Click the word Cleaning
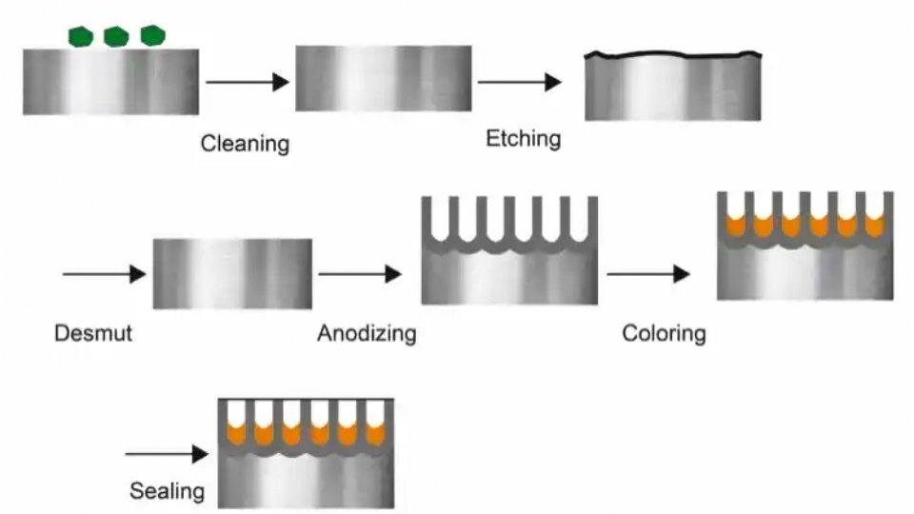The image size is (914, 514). pos(245,145)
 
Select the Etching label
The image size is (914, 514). pos(523,139)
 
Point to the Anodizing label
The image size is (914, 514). pos(367,334)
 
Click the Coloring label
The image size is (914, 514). pos(664,334)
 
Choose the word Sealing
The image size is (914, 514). pos(167,491)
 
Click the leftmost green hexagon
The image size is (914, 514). pos(82,36)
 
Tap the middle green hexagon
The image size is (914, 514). pos(116,36)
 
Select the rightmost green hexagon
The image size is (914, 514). pos(152,35)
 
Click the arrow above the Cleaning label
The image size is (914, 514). pos(247,82)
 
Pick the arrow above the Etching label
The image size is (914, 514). pos(519,82)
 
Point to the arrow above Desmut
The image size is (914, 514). pos(103,274)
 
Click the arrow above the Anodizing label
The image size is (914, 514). pos(360,274)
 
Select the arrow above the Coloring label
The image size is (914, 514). pos(647,274)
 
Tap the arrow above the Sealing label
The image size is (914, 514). pos(166,454)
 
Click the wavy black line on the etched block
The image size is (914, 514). pos(672,55)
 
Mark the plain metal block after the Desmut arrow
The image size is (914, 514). pos(232,274)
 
